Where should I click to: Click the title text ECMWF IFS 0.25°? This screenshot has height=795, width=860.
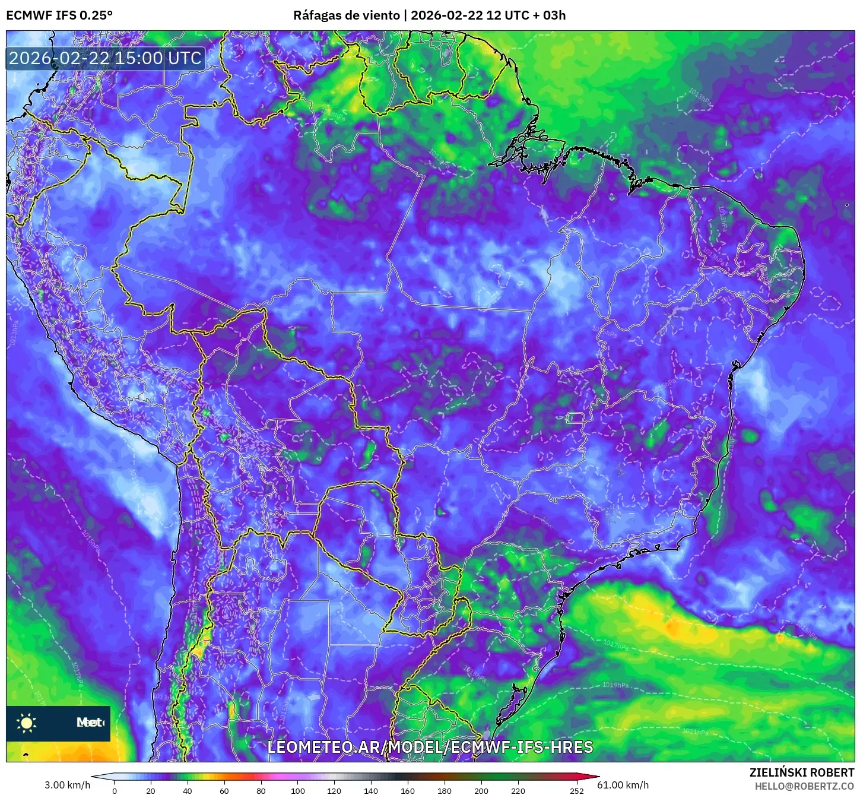59,15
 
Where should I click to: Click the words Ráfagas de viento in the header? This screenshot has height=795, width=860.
346,15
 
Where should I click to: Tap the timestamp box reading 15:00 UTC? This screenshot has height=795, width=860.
106,58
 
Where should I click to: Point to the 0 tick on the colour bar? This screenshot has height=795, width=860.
115,790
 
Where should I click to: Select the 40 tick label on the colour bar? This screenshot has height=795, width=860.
188,790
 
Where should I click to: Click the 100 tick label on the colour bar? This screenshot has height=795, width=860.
298,790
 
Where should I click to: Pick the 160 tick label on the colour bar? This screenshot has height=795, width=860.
408,790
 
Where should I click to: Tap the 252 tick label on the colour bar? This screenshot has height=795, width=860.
577,790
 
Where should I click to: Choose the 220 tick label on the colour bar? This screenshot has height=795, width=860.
518,790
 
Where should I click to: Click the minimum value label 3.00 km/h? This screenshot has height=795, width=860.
68,785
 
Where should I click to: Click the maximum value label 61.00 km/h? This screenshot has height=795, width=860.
623,785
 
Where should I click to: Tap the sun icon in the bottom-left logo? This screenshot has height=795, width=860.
27,723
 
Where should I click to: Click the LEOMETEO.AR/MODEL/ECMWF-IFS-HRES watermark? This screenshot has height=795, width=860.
430,747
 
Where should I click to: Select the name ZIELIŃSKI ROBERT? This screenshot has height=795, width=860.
802,772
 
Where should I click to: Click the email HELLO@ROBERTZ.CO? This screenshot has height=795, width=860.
804,786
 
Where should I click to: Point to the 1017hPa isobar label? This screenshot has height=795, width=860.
615,645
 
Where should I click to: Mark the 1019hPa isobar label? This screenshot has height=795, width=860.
615,685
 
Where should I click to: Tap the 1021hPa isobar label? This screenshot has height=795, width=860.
695,731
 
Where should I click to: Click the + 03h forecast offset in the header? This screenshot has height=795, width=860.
550,15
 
